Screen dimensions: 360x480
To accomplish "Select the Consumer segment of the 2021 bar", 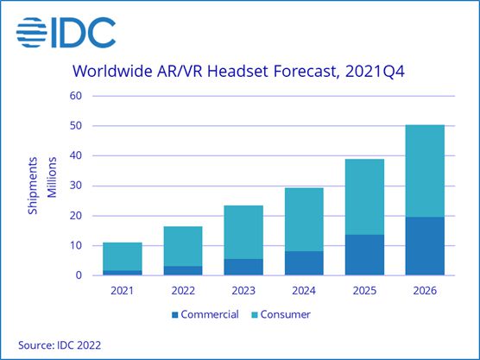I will pos(122,256).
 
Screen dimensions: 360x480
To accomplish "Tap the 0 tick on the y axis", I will pos(78,275).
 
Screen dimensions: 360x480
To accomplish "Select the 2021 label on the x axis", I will pos(122,292).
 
